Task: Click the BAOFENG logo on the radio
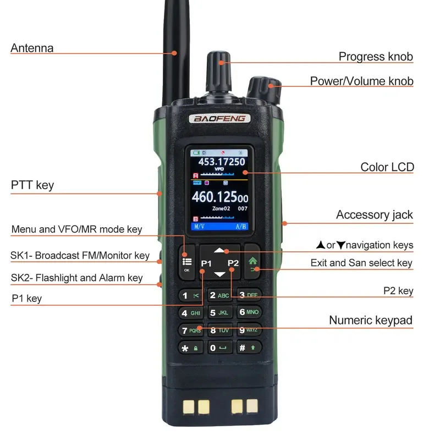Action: (220, 118)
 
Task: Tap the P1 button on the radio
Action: (206, 263)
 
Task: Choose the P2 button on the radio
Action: (233, 263)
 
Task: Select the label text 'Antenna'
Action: (32, 48)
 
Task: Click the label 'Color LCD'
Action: (387, 167)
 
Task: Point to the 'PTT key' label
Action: (32, 185)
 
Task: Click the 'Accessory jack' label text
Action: (374, 215)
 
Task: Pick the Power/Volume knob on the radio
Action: (263, 88)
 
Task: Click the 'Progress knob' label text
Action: (375, 57)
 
